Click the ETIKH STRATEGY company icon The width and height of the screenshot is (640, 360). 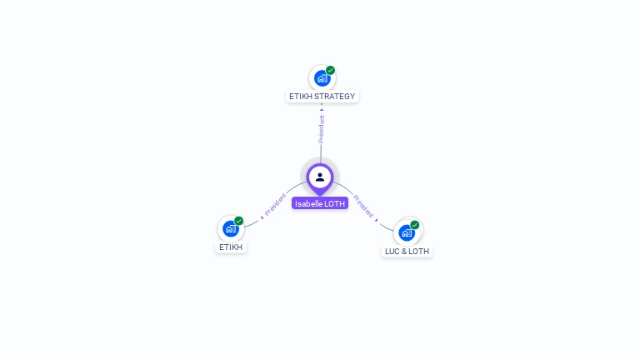(322, 78)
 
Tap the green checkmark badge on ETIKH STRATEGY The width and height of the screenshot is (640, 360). (331, 71)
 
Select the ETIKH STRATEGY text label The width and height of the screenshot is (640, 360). (322, 97)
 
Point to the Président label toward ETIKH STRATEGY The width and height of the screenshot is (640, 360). (322, 128)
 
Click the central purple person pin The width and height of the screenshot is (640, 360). (320, 177)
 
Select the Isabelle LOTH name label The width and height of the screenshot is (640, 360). (320, 203)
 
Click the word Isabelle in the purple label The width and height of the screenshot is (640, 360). (310, 203)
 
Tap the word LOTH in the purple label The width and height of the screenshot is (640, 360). (334, 203)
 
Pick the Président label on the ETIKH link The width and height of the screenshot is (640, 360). (276, 205)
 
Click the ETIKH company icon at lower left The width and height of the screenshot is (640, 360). (231, 229)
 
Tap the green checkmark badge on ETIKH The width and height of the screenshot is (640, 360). (239, 221)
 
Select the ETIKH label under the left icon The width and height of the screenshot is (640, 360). (231, 247)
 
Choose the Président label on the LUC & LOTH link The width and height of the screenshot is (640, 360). (365, 207)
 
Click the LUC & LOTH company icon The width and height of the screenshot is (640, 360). (407, 232)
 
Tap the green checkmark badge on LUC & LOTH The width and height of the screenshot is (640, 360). (415, 225)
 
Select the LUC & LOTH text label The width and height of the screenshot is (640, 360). (407, 251)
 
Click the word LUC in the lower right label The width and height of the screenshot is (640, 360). (393, 251)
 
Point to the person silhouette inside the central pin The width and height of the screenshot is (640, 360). (320, 177)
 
